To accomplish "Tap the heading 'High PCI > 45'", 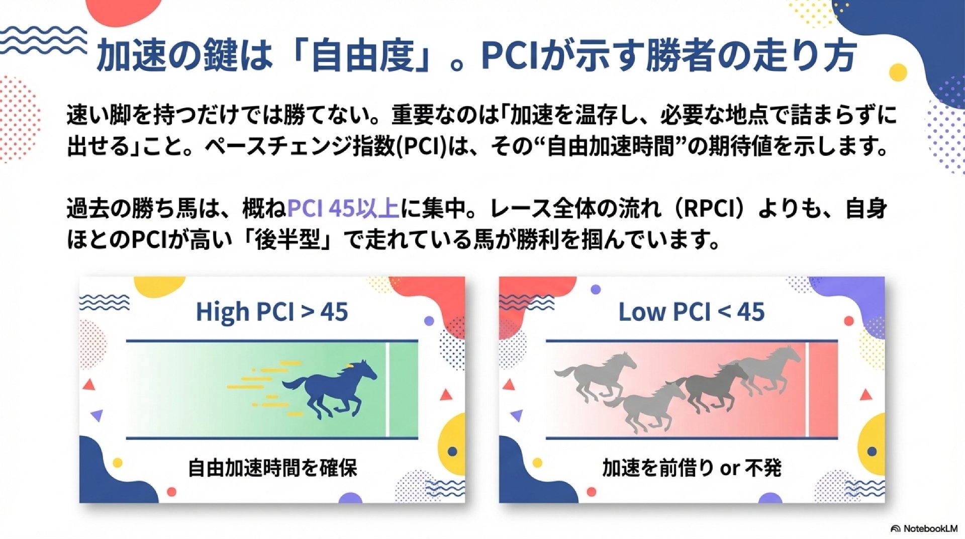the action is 272,312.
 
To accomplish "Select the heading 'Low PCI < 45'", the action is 692,312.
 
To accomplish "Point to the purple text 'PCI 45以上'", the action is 343,209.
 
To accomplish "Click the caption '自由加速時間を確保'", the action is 272,468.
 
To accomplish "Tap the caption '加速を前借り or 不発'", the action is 692,468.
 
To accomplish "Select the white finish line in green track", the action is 387,390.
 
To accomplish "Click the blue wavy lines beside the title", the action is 43,40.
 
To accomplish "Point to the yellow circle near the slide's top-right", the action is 898,72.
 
